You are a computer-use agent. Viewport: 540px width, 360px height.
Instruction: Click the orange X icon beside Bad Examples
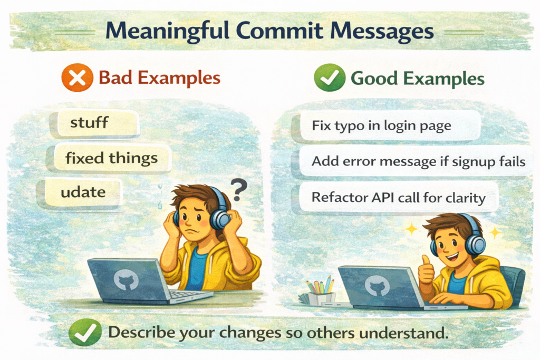tap(77, 77)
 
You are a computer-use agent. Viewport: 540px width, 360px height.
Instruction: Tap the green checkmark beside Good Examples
tap(330, 77)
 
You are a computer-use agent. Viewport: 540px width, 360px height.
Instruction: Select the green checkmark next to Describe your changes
tap(85, 333)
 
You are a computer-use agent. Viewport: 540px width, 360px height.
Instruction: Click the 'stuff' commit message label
tap(89, 122)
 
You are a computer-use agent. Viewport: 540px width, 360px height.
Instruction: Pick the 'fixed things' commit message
tap(111, 158)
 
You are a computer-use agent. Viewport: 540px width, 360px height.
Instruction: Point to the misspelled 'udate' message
tap(83, 192)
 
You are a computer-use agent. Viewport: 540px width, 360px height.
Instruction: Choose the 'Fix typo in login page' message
tap(381, 125)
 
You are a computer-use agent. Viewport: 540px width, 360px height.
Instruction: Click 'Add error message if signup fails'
tap(418, 161)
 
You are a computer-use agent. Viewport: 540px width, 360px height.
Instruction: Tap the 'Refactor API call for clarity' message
tap(399, 198)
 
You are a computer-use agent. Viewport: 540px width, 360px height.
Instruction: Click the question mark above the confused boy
tap(238, 190)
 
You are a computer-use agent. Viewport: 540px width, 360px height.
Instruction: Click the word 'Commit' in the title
tap(280, 31)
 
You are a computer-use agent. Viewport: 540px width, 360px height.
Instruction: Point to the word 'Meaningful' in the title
tap(167, 31)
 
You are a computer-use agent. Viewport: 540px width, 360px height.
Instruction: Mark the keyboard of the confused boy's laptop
tap(188, 296)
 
